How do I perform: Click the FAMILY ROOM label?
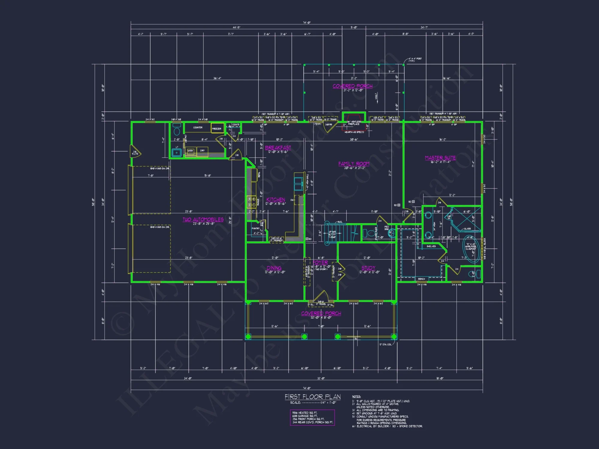point(354,164)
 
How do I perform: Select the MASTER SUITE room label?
point(440,158)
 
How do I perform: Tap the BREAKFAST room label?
point(278,148)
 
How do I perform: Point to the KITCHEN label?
point(276,200)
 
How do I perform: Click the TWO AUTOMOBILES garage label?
point(203,219)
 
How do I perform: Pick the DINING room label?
point(274,268)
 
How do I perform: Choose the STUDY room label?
point(368,268)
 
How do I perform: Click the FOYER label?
point(320,262)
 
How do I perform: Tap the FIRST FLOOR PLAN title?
point(313,397)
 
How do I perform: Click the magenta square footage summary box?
point(312,417)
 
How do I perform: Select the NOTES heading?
point(356,397)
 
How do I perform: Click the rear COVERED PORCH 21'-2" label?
point(353,86)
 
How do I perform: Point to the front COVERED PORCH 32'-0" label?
point(321,313)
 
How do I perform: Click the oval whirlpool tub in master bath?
point(471,249)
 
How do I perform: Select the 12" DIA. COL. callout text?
point(385,345)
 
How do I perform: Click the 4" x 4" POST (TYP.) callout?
point(415,60)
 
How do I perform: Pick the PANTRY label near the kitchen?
point(255,228)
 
